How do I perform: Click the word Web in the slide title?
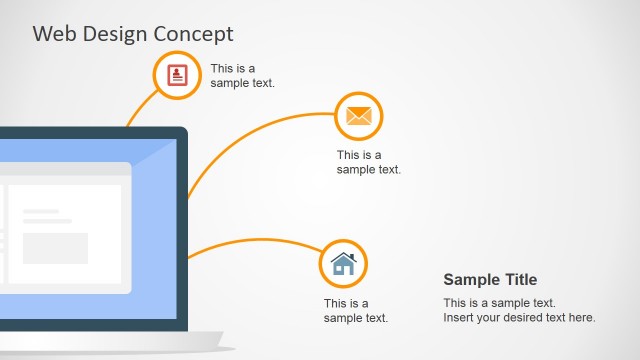coord(52,34)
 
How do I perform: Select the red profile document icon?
coord(177,74)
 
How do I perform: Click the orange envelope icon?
coord(358,116)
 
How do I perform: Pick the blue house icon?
coord(343,264)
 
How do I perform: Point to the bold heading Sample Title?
coord(490,280)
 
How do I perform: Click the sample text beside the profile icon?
coord(242,76)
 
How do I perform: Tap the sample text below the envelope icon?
coord(368,162)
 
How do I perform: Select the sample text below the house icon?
coord(355,311)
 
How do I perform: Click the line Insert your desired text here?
coord(519,318)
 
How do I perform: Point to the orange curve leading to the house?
coord(250,241)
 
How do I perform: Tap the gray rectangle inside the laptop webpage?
coord(55,248)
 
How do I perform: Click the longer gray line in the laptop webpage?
coord(47,221)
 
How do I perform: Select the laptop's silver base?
coord(110,341)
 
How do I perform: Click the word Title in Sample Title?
coord(519,280)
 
